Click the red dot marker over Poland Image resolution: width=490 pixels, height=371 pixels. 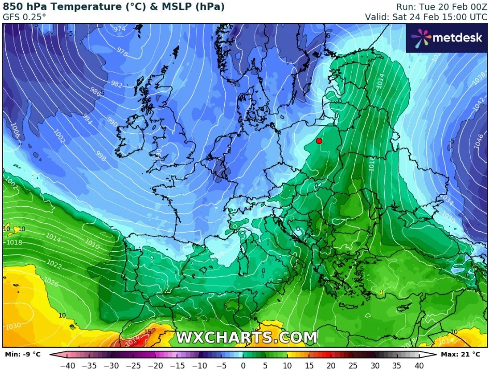(319, 141)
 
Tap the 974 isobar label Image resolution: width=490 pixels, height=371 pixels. (120, 29)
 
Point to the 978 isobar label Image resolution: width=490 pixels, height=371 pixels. (122, 52)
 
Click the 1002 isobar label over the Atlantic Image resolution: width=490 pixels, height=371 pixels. (59, 137)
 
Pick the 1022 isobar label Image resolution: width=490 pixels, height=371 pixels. (53, 265)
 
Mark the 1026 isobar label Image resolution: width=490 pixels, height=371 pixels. (51, 282)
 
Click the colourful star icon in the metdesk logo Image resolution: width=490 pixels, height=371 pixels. (421, 37)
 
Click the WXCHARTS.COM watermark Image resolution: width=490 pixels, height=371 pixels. (247, 337)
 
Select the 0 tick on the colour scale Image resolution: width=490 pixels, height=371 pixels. (243, 365)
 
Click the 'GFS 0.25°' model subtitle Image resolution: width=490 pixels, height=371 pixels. (24, 16)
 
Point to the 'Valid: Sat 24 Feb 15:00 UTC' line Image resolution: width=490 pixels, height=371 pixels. (419, 17)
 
